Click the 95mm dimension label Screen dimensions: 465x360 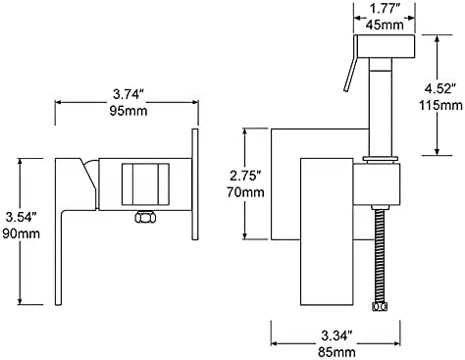(x=129, y=111)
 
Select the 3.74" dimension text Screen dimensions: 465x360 (x=129, y=95)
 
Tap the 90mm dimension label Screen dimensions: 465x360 (x=22, y=233)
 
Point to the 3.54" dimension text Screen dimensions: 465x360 (x=22, y=217)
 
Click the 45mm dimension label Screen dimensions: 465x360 (x=385, y=25)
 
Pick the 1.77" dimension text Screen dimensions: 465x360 (x=385, y=9)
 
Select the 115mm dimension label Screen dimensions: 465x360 (x=440, y=105)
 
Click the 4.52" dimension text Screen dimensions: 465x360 (x=439, y=88)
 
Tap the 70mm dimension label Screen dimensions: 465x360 (x=245, y=192)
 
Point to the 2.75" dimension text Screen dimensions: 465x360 (x=245, y=176)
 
